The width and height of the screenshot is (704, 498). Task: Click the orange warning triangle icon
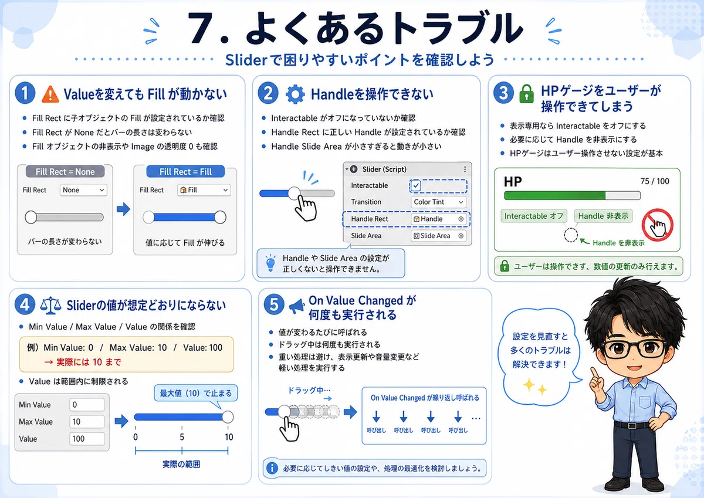coord(50,94)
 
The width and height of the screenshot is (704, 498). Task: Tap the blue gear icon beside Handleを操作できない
coord(295,94)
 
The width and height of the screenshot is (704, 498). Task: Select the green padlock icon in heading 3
coord(526,94)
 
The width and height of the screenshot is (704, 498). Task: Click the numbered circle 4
coord(25,304)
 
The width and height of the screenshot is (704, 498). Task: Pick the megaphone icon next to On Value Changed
coord(296,306)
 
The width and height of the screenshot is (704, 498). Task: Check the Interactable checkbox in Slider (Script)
coord(416,185)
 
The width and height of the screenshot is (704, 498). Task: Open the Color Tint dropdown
coord(438,202)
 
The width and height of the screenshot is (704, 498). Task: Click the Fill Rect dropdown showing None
coord(83,190)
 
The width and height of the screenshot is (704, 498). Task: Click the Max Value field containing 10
coord(87,422)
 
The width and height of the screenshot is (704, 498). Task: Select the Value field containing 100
coord(87,439)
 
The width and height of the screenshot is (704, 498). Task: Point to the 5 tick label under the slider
coord(182,437)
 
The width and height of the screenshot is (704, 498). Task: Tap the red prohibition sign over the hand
coord(658,225)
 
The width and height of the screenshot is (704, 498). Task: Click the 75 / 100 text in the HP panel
coord(655,181)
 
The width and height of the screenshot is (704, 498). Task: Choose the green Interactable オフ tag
coord(534,216)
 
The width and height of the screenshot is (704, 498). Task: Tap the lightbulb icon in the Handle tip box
coord(270,263)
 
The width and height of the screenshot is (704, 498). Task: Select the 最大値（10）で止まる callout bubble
coord(195,393)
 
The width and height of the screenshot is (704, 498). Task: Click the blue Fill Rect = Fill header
coord(185,171)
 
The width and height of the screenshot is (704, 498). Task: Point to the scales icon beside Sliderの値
coord(50,306)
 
